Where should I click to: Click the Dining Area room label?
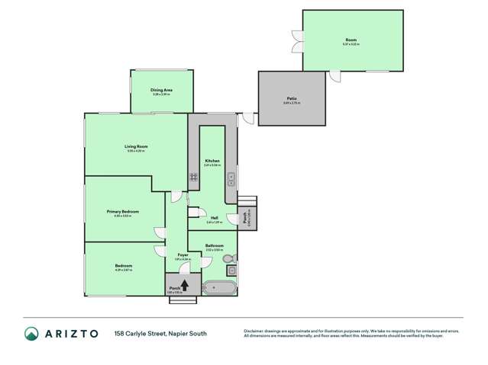(161, 90)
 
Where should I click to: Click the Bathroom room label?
(214, 245)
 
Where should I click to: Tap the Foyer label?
(183, 255)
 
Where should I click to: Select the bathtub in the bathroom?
(220, 288)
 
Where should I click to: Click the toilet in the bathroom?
(229, 259)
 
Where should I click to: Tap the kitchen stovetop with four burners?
(194, 177)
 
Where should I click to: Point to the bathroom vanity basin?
(231, 271)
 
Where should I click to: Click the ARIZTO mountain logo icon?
(32, 333)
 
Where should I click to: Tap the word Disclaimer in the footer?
(254, 330)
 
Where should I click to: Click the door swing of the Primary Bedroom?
(160, 232)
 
